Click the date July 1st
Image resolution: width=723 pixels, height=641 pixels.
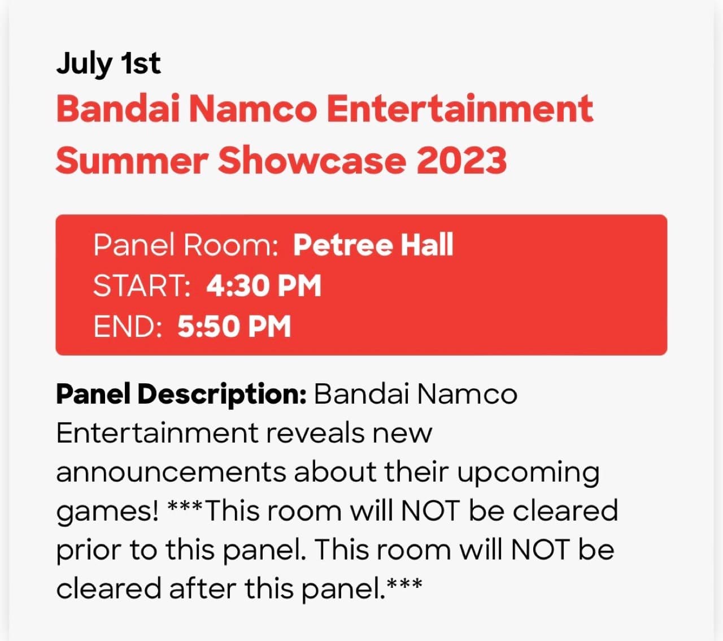108,63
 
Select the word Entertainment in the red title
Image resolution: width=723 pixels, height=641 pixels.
460,109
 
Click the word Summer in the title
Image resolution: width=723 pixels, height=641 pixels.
132,160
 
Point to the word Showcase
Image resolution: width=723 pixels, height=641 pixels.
312,160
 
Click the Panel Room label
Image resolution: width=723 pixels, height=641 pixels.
186,245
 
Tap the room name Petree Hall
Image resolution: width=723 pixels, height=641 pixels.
373,245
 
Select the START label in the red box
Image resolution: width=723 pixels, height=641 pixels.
142,286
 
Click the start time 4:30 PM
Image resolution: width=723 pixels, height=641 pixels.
264,286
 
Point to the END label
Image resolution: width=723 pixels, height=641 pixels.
128,327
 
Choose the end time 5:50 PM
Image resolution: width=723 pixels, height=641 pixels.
234,327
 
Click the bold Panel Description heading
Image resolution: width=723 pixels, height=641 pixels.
181,394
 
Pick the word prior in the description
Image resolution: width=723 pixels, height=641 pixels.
88,550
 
